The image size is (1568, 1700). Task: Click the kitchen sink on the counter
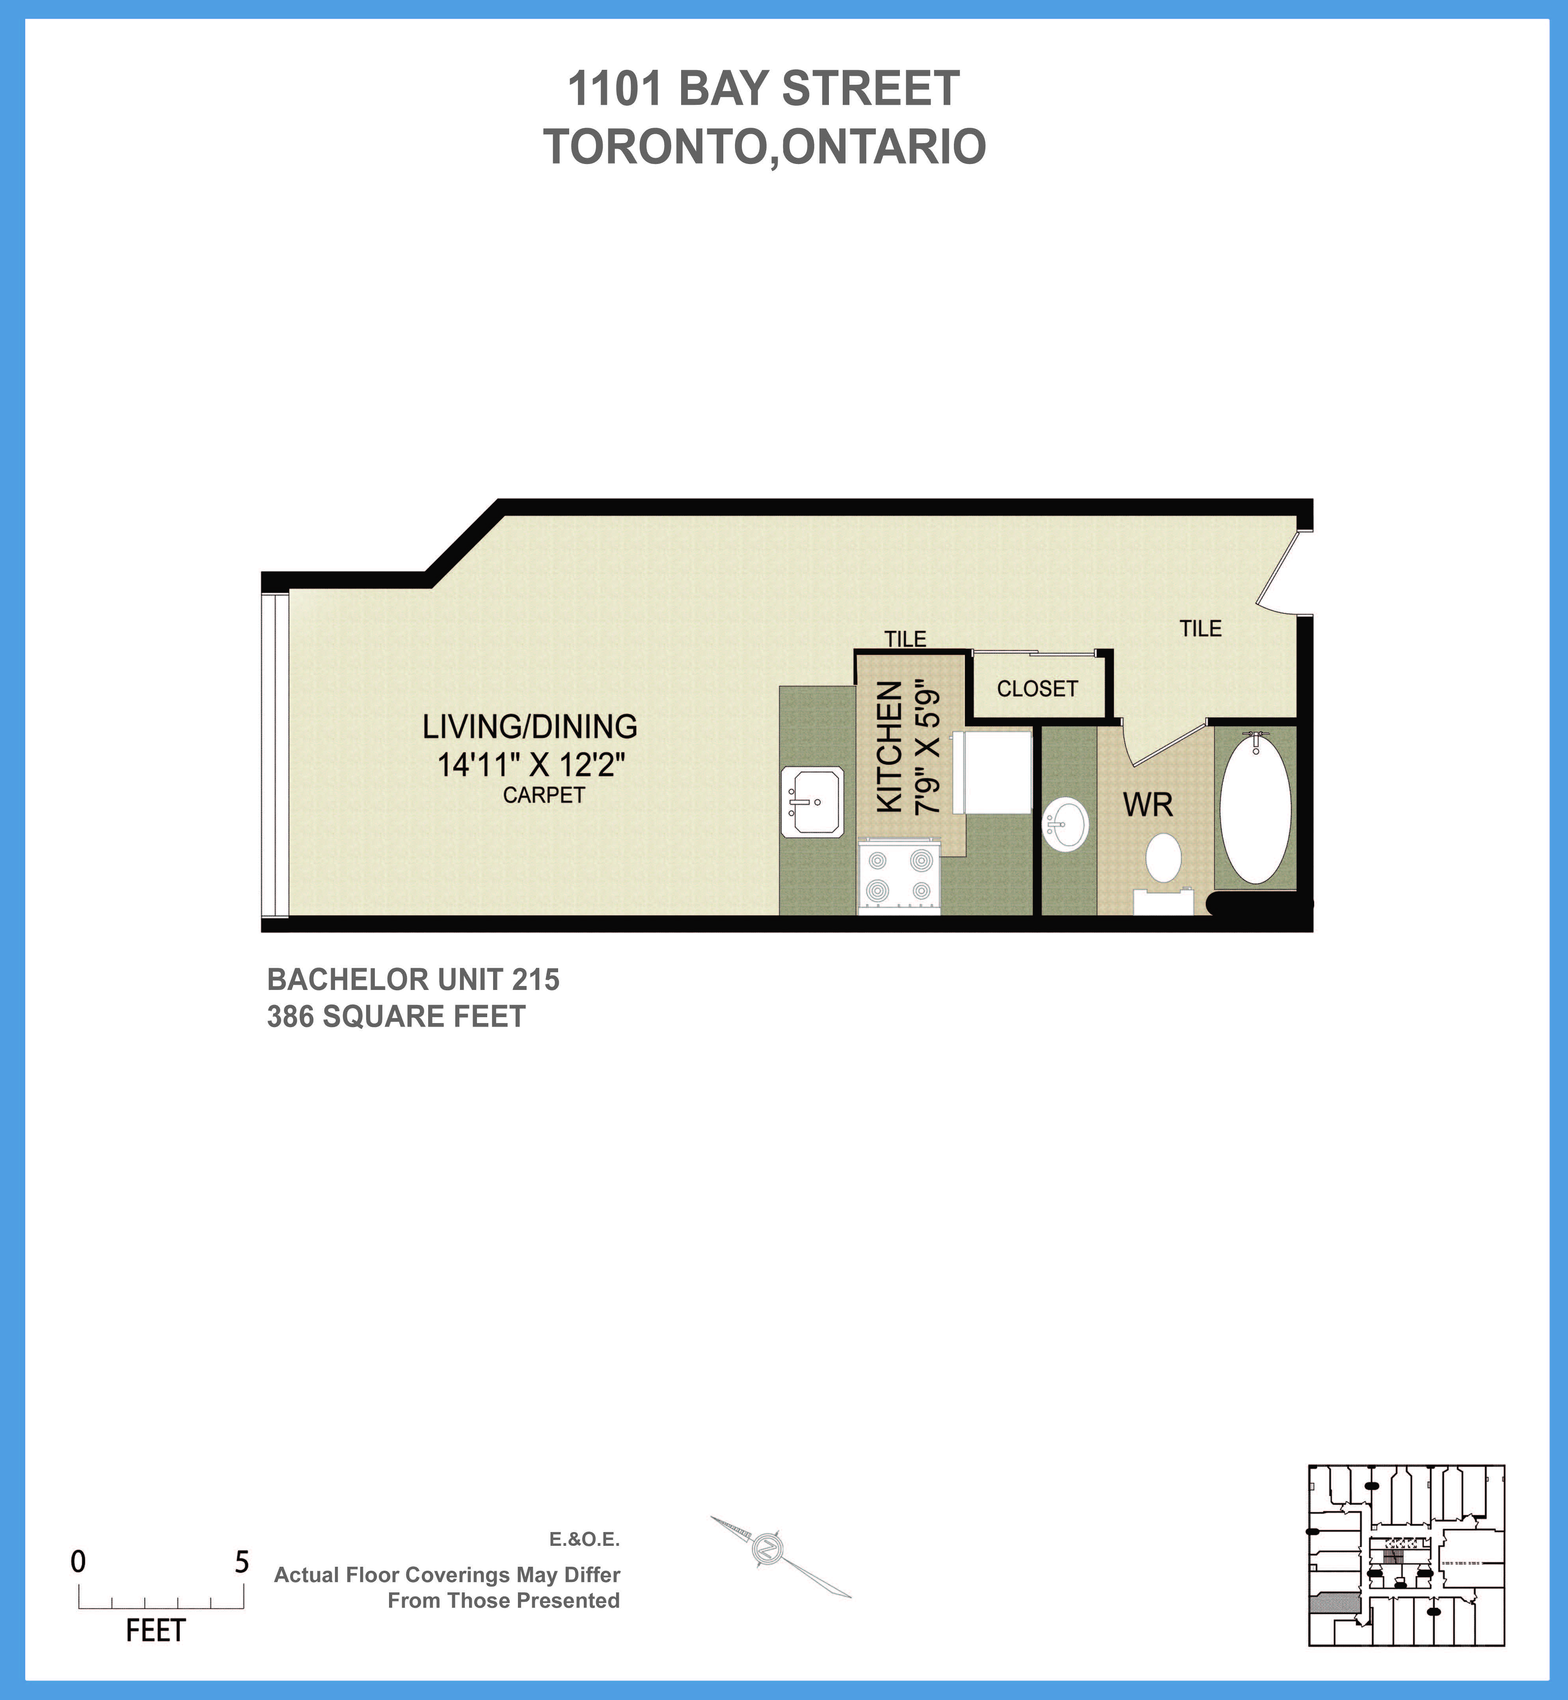(x=811, y=802)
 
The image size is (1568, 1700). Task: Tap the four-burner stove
(x=899, y=877)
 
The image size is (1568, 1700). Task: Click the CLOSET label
(x=1037, y=689)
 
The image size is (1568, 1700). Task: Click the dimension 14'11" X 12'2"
(x=530, y=765)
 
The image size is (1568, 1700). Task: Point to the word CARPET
(x=544, y=795)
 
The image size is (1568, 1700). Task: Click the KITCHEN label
(x=888, y=747)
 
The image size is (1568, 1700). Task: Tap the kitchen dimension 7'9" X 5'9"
(x=927, y=747)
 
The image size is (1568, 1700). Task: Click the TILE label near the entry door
(x=1200, y=629)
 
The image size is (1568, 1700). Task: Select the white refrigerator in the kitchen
(x=993, y=772)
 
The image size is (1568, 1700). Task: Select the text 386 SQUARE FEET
(x=396, y=1017)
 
